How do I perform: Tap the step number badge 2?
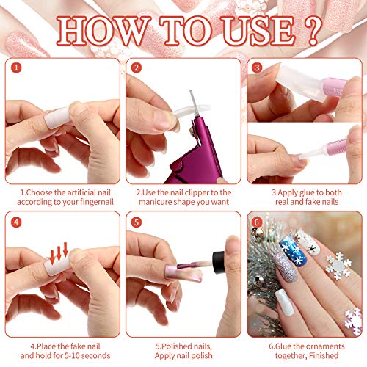pos(136,68)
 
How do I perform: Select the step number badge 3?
pos(258,68)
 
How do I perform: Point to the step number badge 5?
pos(136,220)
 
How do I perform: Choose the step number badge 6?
pos(258,220)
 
